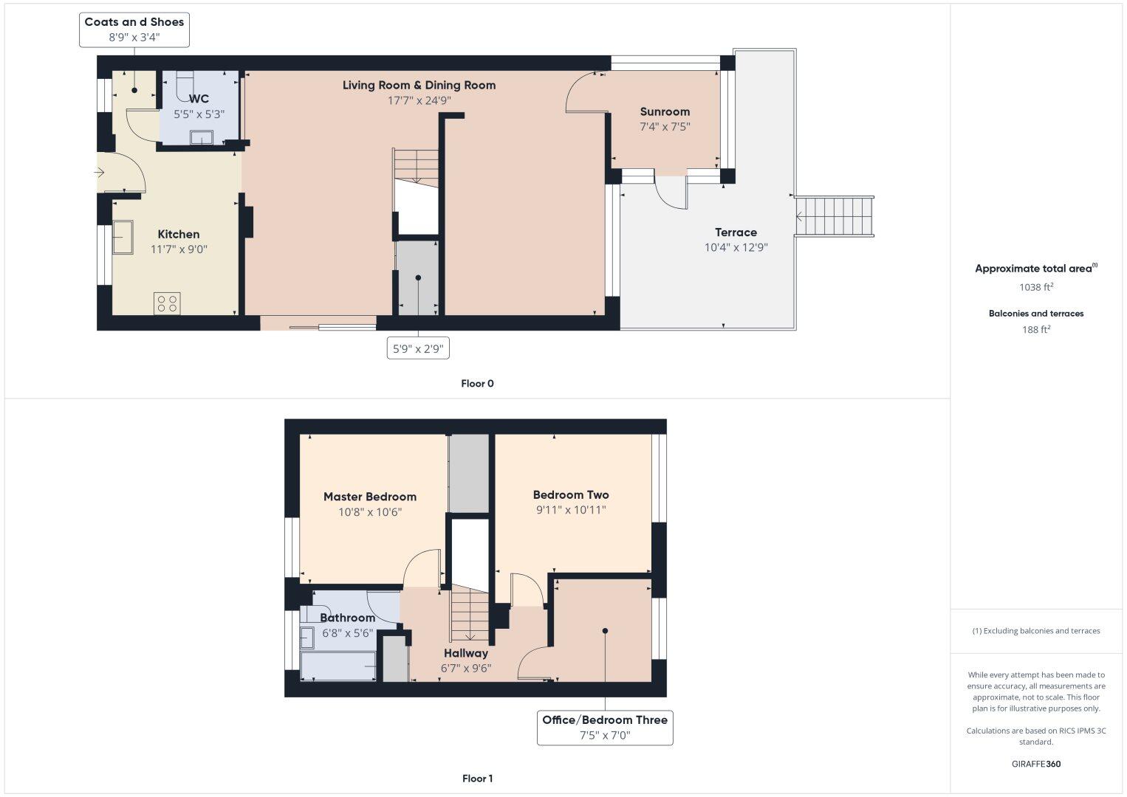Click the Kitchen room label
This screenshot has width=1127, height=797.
point(179,235)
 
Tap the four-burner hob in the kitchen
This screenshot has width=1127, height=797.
point(168,303)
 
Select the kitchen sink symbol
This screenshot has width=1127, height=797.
point(123,237)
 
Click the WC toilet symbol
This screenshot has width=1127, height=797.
point(185,80)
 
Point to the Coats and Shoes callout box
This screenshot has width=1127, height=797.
point(134,30)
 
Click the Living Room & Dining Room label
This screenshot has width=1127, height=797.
point(419,86)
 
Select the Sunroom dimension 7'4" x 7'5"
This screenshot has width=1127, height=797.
point(665,127)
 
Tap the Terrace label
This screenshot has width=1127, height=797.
point(736,232)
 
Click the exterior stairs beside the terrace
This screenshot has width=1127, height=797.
point(835,216)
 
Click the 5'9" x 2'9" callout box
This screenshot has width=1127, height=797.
point(418,348)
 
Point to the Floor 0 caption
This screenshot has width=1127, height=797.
point(477,384)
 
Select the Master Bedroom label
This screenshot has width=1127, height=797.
point(370,497)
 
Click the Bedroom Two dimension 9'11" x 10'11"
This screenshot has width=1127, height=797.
point(571,510)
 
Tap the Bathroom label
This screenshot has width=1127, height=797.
point(347,618)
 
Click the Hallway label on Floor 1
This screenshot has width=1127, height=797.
point(466,653)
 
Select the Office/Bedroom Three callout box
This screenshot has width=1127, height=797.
point(605,728)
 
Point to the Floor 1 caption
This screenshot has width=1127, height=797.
point(477,779)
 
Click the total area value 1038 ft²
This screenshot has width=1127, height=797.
point(1036,288)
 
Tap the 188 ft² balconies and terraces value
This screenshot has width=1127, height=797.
point(1036,330)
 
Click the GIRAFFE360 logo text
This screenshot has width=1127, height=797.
point(1036,764)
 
